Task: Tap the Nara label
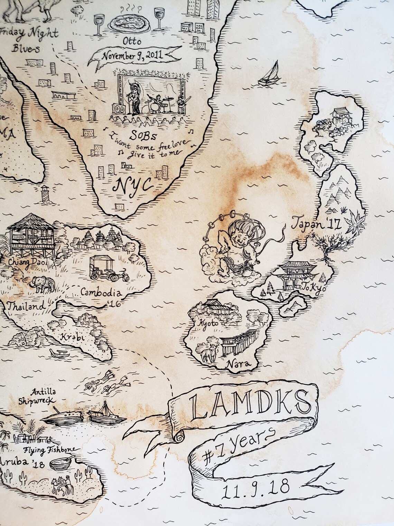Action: click(236, 364)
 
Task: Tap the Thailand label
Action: click(27, 306)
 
